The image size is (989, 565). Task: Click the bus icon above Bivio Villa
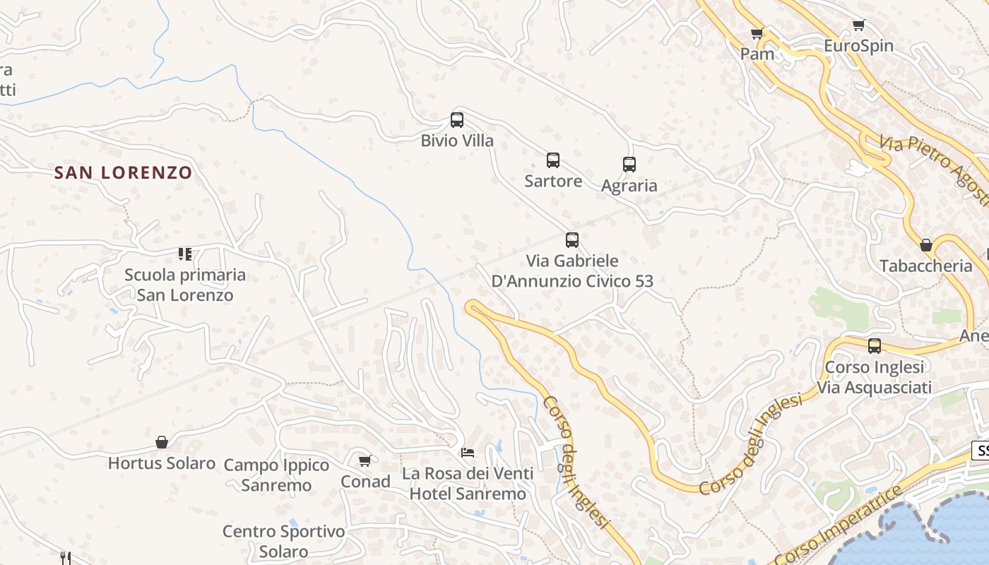point(457,120)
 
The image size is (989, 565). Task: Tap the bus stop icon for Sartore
point(553,160)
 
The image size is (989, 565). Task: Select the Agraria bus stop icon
point(629,165)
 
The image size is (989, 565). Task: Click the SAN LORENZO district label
point(124,172)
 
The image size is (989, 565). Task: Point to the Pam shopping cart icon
point(757,33)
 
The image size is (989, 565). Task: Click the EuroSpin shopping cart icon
point(859,25)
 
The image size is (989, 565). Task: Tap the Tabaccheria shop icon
point(926,245)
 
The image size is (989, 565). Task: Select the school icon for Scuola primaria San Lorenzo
point(185,254)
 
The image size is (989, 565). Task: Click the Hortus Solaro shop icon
point(162,442)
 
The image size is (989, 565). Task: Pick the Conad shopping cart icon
point(365,461)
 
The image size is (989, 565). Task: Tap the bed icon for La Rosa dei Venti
point(468,452)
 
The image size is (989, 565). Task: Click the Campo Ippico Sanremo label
point(276,475)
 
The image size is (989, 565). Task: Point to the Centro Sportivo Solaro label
point(283,542)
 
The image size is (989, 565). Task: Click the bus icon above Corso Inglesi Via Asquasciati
point(875,346)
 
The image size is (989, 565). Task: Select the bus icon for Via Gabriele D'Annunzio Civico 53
point(572,240)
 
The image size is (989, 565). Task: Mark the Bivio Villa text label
point(457,141)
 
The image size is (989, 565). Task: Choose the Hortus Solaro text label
point(162,463)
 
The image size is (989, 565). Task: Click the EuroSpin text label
point(858,47)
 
